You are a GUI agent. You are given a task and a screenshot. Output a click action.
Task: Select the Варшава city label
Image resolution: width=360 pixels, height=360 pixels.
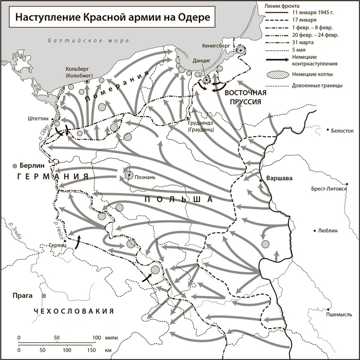point(279,178)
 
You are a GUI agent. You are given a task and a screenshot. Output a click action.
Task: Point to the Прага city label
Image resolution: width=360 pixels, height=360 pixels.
point(24,295)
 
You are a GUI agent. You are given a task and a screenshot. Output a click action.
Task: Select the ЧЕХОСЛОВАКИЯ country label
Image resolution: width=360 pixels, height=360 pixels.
point(73,312)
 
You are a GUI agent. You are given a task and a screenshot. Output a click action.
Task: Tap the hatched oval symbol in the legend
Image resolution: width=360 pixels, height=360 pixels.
point(275,75)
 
